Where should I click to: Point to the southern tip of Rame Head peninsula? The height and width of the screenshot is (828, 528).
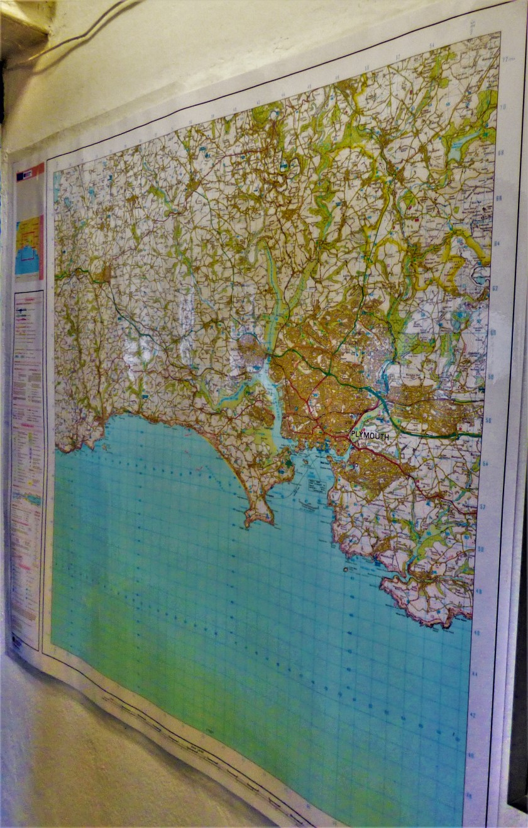point(251,523)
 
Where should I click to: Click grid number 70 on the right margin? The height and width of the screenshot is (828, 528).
point(502,107)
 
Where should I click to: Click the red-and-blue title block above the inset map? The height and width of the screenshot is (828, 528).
point(30,171)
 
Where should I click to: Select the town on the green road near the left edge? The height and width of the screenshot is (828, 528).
point(104,274)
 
